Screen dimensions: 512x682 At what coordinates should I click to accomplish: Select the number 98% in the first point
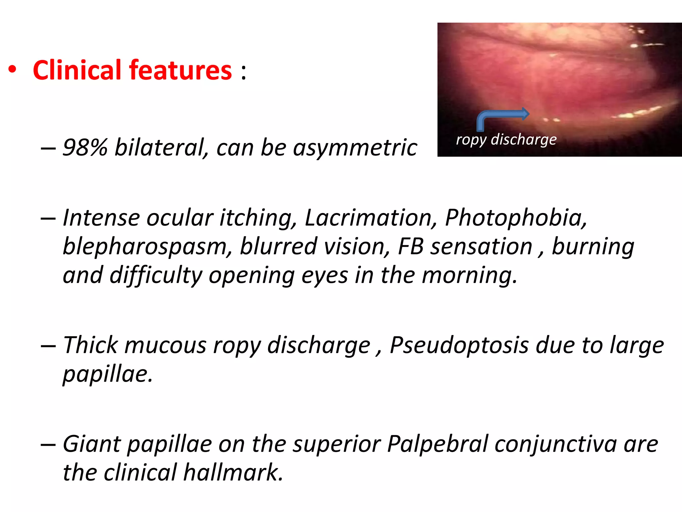tap(85, 147)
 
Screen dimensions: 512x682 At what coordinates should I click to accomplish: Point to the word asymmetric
tap(355, 147)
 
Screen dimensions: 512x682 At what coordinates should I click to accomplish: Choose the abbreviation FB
tap(411, 246)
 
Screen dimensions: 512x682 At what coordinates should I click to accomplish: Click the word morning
tap(470, 276)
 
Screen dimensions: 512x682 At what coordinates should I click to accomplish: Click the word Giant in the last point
tap(92, 444)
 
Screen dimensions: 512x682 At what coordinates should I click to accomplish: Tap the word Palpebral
tap(438, 444)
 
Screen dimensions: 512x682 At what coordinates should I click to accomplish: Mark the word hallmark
tap(233, 473)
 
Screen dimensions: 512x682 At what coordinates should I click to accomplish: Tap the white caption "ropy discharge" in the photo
tap(506, 139)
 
